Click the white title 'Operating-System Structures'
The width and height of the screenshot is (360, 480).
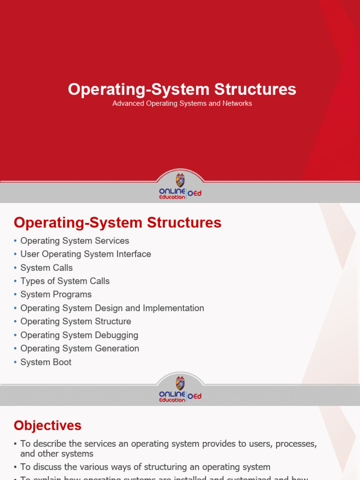tap(182, 89)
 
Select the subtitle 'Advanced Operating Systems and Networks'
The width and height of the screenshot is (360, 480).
tap(182, 103)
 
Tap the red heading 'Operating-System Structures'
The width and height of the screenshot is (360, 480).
tap(117, 223)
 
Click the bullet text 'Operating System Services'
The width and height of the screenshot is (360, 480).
tap(75, 240)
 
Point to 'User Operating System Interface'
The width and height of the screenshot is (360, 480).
tap(85, 254)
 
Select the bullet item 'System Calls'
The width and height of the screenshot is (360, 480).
tap(46, 268)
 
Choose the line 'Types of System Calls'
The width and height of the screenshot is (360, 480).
tap(65, 281)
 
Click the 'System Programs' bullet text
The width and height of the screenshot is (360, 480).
tap(56, 294)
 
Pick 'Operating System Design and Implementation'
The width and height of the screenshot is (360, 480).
tap(112, 308)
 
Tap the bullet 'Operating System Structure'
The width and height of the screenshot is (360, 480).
tap(75, 322)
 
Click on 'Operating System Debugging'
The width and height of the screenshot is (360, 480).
tap(79, 335)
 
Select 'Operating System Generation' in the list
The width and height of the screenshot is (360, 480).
tap(80, 348)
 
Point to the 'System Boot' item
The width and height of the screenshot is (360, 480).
tap(46, 362)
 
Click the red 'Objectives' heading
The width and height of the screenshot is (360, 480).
tap(47, 426)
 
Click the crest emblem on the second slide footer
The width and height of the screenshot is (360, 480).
tap(180, 382)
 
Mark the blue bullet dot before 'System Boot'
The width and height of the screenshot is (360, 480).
tap(15, 362)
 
